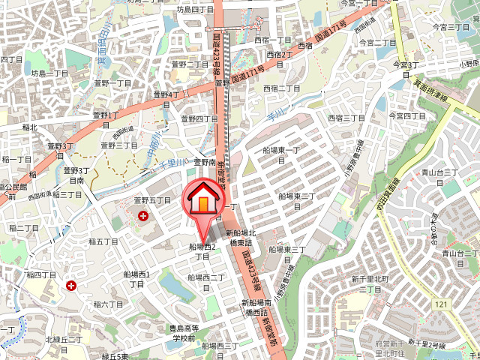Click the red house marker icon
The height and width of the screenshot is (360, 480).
[x=203, y=200]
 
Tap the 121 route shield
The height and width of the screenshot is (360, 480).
[x=441, y=304]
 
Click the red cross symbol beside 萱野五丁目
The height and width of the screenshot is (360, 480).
[x=143, y=216]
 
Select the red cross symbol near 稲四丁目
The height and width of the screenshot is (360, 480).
[x=71, y=286]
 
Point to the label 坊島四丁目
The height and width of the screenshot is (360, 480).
[x=196, y=10]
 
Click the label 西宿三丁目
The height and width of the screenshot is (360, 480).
[x=346, y=118]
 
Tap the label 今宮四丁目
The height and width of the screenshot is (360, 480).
[x=407, y=116]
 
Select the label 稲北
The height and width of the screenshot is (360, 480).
[x=29, y=127]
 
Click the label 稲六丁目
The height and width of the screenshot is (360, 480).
[x=108, y=304]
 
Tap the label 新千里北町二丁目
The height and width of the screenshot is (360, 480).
[x=370, y=283]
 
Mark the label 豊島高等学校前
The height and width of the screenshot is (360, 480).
[x=184, y=333]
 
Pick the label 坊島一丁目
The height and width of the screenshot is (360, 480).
[x=49, y=73]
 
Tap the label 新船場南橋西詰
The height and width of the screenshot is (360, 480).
[x=255, y=307]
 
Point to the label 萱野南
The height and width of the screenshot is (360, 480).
[x=205, y=161]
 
